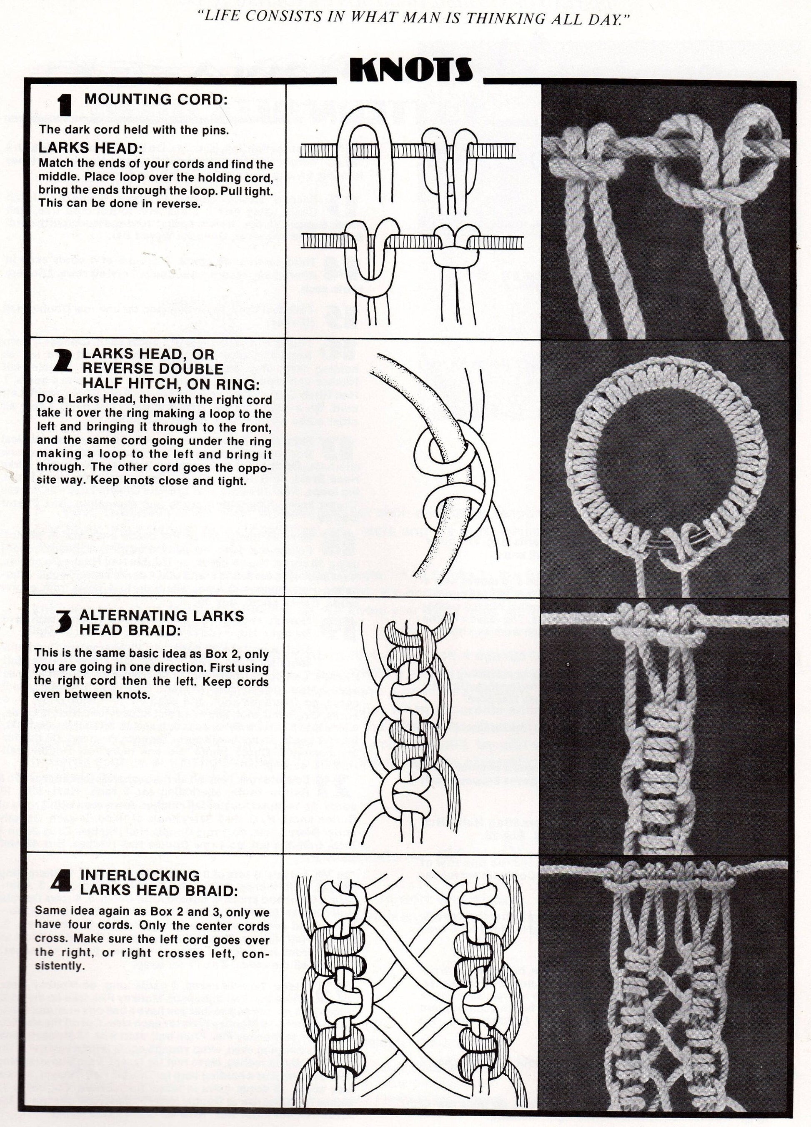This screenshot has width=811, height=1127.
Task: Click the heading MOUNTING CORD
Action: pos(155,99)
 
